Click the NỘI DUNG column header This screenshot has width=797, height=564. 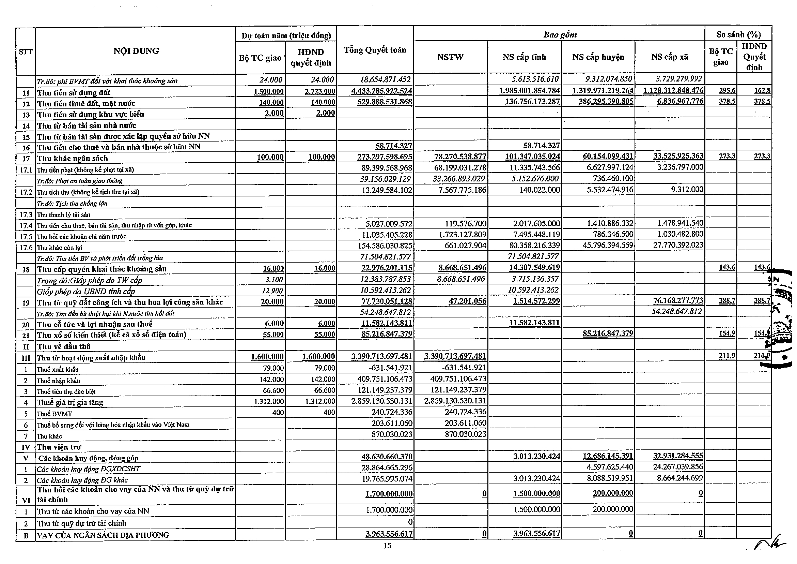click(136, 51)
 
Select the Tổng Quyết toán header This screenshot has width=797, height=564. click(375, 50)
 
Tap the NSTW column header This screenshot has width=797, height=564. click(450, 57)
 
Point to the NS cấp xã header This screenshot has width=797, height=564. click(670, 57)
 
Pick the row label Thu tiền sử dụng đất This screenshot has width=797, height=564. click(74, 92)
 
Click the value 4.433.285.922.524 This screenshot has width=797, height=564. click(381, 91)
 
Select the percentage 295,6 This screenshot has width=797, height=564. click(727, 91)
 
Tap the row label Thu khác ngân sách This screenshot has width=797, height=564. click(73, 159)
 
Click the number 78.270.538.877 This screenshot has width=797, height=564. click(460, 157)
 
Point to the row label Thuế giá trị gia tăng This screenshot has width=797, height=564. click(70, 402)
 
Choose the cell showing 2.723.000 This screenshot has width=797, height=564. click(322, 91)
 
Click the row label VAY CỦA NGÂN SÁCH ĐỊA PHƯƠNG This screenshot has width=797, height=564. click(103, 535)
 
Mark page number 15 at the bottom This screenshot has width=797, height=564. click(387, 546)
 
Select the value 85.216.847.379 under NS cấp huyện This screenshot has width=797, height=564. click(608, 333)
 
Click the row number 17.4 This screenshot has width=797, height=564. click(26, 226)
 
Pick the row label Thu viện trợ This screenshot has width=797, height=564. click(59, 447)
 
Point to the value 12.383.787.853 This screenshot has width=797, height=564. click(385, 279)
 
